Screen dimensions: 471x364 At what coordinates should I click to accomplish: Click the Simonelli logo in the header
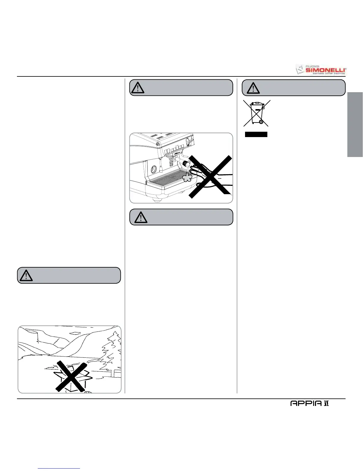tap(321, 69)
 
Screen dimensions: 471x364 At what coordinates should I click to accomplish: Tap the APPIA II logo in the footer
tap(310, 404)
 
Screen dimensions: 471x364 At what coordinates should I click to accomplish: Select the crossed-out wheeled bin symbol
tap(256, 113)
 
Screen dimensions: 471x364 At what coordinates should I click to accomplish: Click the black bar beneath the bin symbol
tap(256, 134)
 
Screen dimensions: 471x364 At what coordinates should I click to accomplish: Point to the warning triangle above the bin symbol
tap(253, 88)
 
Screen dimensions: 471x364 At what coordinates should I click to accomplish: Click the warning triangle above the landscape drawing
tap(26, 276)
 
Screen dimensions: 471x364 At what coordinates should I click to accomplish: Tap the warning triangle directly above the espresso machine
tap(138, 88)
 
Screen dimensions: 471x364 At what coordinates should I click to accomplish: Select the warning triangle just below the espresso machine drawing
tap(141, 217)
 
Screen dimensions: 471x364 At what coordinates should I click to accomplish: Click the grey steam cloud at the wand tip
tap(187, 178)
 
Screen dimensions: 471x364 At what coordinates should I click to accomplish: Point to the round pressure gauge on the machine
tap(153, 169)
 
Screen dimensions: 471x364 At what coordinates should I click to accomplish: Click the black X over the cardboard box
tap(71, 376)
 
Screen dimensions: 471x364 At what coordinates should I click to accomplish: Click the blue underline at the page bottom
tap(59, 468)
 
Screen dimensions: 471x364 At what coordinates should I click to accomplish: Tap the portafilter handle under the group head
tap(172, 162)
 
